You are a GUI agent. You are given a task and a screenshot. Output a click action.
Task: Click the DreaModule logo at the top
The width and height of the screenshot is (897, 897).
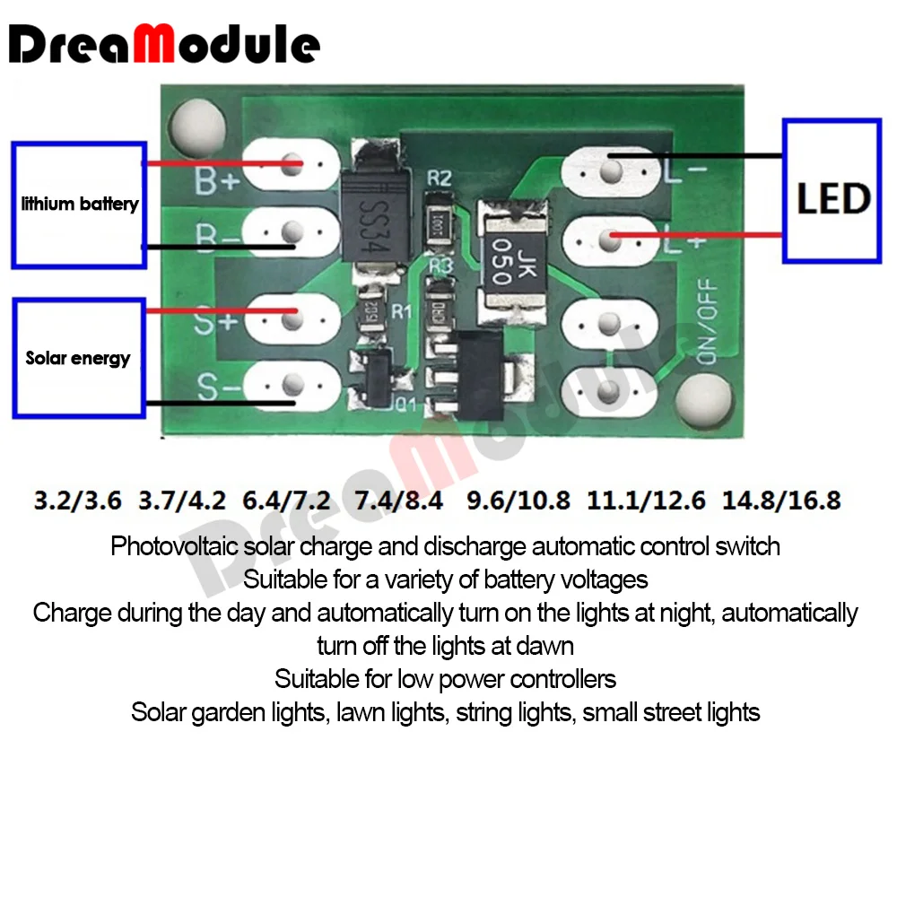pos(167,46)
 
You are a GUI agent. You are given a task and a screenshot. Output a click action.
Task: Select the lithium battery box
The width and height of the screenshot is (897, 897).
pos(79,205)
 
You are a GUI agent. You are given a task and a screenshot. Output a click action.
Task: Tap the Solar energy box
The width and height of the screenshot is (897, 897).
pos(79,358)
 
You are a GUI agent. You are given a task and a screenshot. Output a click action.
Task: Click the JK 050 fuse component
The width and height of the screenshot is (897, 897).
pos(506,263)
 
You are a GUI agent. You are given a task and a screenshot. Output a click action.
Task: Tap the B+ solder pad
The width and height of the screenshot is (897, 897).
pos(290,165)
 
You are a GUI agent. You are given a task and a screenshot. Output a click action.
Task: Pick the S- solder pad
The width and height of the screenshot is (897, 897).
pos(290,386)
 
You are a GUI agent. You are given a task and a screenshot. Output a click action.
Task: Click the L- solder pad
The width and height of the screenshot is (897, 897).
pos(612,169)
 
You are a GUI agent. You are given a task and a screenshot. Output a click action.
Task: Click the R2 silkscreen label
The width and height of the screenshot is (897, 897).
pos(439,178)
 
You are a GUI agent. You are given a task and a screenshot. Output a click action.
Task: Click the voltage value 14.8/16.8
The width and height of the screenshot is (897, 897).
pos(784,500)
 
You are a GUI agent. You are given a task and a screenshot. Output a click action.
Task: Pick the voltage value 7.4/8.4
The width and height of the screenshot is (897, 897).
pos(400,500)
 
